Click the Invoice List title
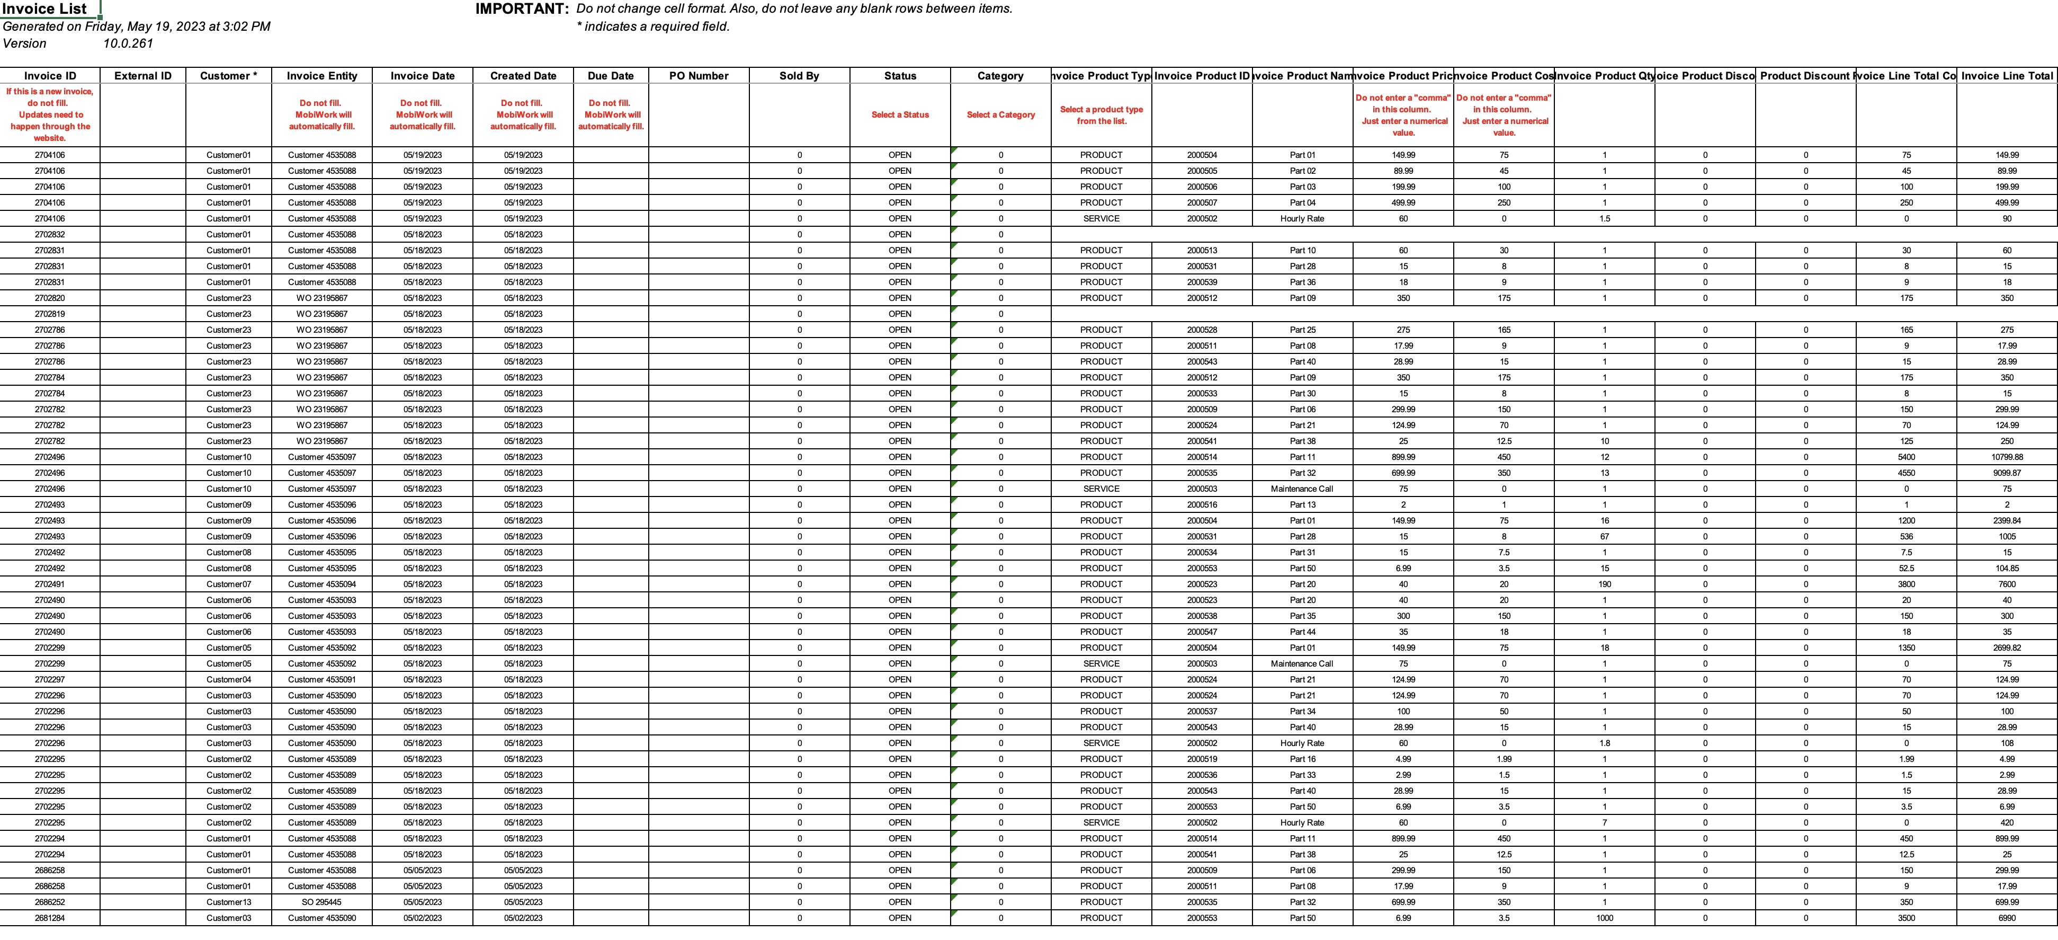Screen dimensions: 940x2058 pyautogui.click(x=44, y=10)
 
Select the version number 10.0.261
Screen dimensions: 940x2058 pyautogui.click(x=128, y=43)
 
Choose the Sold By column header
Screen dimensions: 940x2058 pyautogui.click(x=799, y=76)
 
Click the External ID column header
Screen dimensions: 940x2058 pyautogui.click(x=143, y=76)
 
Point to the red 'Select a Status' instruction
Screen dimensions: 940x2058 pyautogui.click(x=900, y=115)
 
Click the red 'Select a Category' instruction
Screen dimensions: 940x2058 pyautogui.click(x=1000, y=115)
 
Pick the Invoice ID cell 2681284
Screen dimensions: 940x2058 pyautogui.click(x=50, y=918)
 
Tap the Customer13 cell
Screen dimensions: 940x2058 pyautogui.click(x=228, y=902)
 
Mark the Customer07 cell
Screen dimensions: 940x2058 pyautogui.click(x=228, y=584)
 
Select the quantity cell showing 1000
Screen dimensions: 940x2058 pyautogui.click(x=1604, y=918)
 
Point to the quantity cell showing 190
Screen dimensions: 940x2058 pyautogui.click(x=1604, y=584)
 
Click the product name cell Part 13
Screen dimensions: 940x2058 pyautogui.click(x=1302, y=505)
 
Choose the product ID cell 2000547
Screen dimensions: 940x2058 pyautogui.click(x=1202, y=632)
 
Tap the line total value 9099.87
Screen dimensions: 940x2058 pyautogui.click(x=2007, y=473)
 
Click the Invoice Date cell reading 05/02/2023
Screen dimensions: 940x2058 pyautogui.click(x=423, y=918)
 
